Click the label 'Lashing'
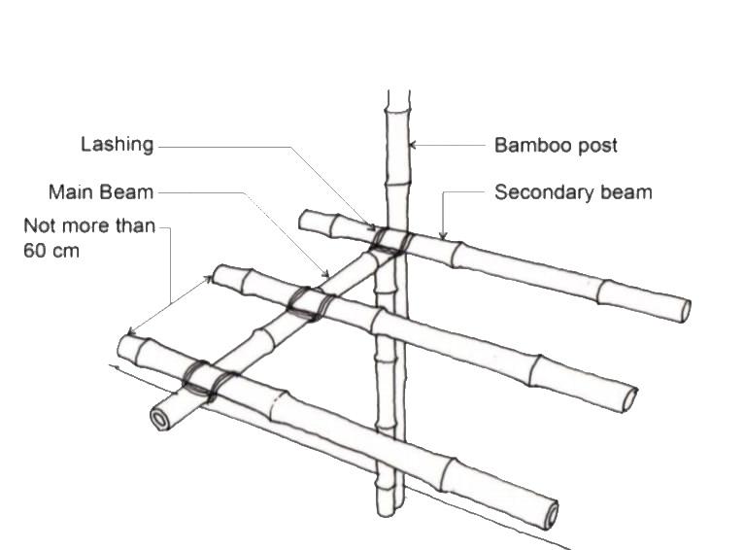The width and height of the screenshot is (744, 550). [x=118, y=145]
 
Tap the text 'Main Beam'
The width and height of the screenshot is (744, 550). [x=101, y=192]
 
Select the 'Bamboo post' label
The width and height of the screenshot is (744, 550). [x=556, y=146]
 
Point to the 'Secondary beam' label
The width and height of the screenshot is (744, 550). [x=573, y=192]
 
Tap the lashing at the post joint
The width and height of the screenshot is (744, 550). [x=391, y=240]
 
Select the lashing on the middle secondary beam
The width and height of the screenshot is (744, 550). [x=310, y=303]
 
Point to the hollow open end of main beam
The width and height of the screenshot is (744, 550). [x=159, y=419]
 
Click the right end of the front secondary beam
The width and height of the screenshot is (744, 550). [x=551, y=515]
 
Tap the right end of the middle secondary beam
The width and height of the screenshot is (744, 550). [x=630, y=399]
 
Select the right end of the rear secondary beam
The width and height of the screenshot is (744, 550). [x=684, y=310]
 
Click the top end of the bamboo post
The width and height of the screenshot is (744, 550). [x=398, y=95]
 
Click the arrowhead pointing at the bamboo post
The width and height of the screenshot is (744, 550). [x=414, y=146]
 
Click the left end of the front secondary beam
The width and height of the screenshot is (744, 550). [x=126, y=346]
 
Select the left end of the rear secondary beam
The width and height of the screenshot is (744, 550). [x=304, y=219]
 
